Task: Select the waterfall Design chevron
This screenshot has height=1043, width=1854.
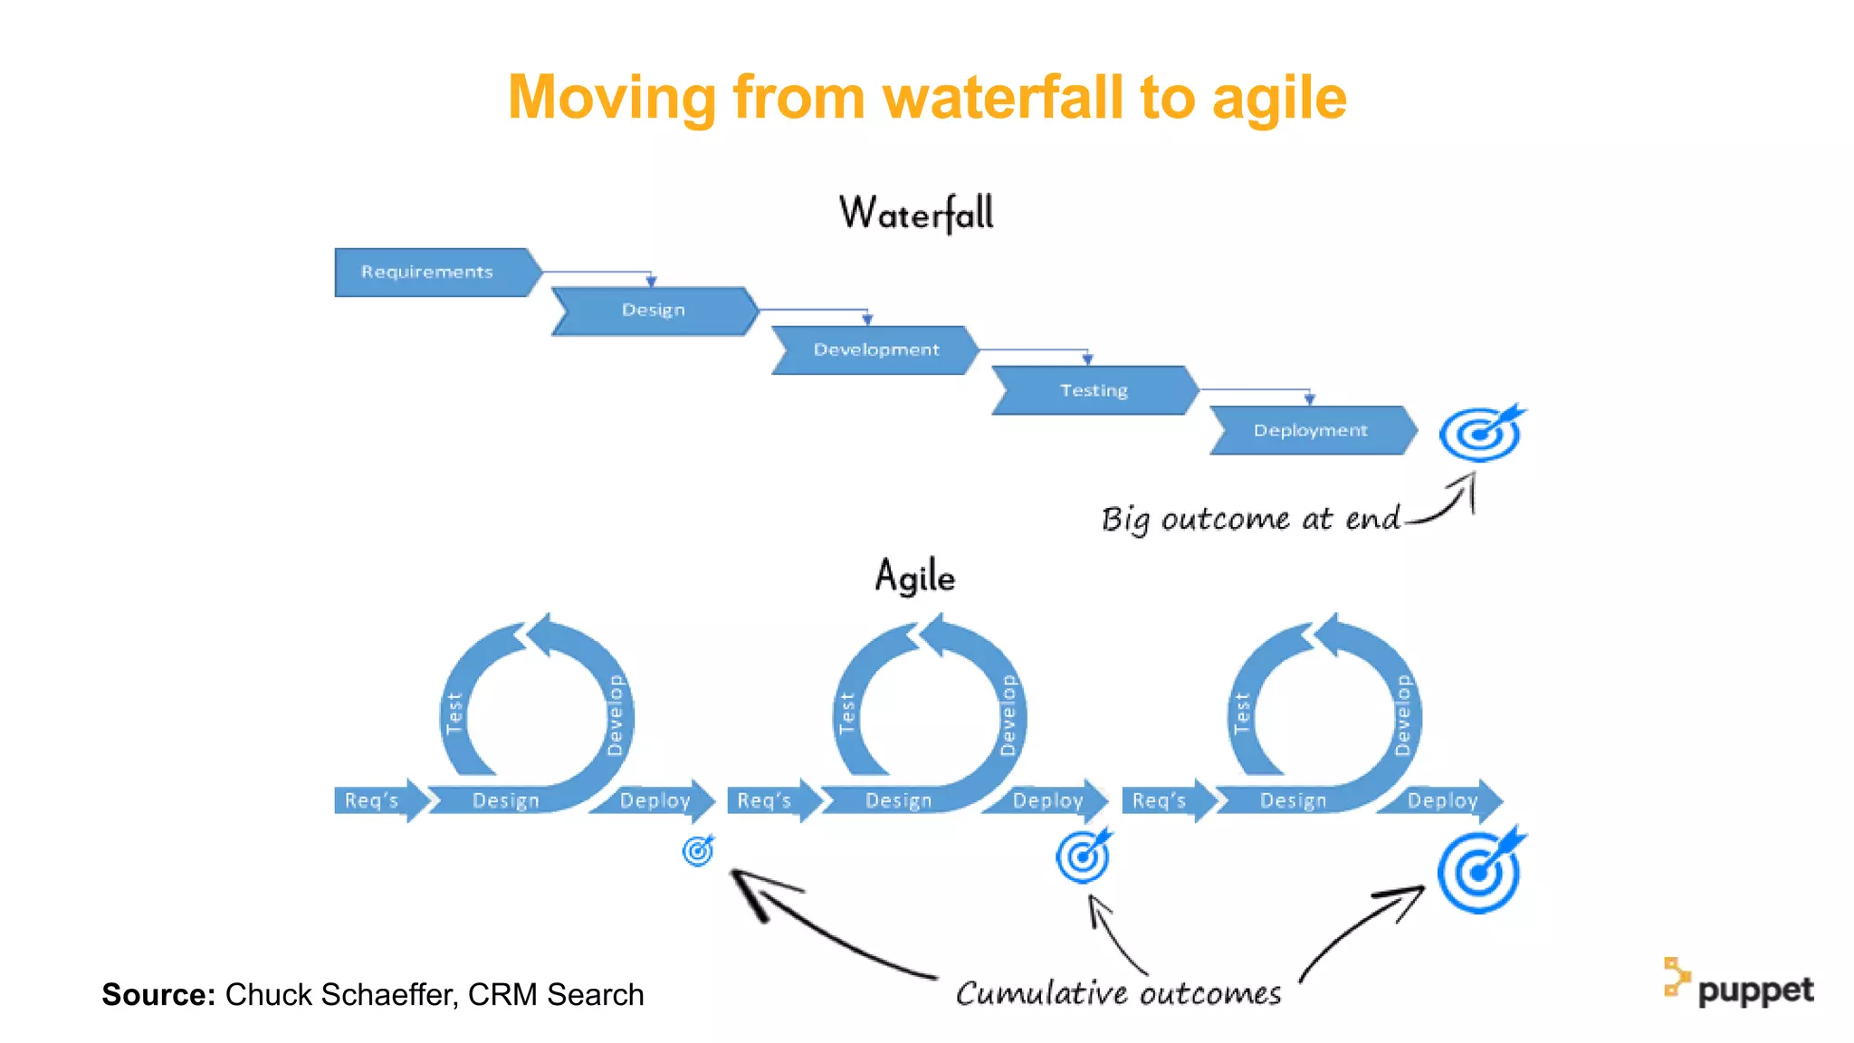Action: pos(654,311)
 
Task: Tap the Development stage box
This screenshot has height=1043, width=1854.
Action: pos(875,349)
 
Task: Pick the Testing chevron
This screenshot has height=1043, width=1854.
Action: pos(1094,390)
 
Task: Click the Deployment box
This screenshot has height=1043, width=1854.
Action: pos(1310,430)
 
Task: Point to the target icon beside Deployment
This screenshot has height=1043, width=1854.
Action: pos(1480,434)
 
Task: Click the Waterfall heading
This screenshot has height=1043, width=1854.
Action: pos(916,214)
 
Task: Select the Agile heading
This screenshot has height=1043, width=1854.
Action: pos(914,577)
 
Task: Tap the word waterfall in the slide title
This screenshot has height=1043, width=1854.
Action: pos(1003,97)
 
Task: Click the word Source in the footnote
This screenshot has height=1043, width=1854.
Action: pos(158,994)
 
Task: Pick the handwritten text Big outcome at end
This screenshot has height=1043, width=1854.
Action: pos(1249,519)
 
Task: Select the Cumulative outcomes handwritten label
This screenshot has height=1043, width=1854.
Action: pos(1118,993)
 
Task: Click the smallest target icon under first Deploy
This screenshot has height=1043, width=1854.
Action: pos(698,850)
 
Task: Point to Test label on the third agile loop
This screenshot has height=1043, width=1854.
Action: pos(1241,713)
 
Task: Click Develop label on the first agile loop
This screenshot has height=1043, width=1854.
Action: pos(616,715)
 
